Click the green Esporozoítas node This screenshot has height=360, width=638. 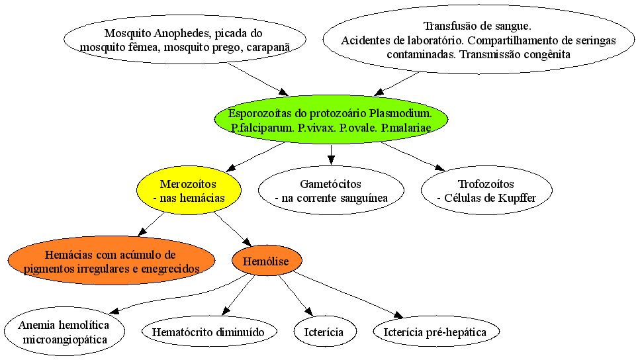331,120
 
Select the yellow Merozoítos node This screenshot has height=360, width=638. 189,191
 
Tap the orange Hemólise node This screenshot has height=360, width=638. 267,261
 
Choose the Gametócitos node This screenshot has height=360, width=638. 331,191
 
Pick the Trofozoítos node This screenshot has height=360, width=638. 486,191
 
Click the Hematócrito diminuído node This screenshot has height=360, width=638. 210,332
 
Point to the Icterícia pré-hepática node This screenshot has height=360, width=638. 436,332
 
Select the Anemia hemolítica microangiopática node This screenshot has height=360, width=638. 65,332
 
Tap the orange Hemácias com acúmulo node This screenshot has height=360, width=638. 111,261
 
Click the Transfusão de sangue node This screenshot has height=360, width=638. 478,40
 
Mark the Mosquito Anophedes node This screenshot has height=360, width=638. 185,40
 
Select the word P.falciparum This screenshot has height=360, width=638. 262,128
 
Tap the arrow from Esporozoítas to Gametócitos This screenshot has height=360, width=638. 331,155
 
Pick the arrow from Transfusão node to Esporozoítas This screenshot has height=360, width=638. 397,84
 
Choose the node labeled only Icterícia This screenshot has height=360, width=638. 325,332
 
